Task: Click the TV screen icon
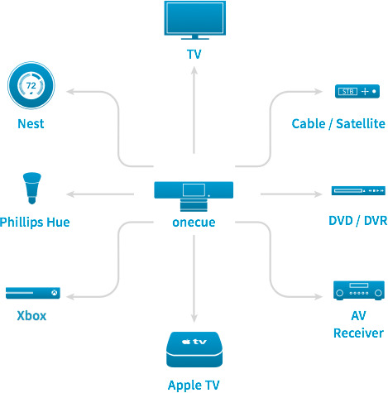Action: [x=194, y=20]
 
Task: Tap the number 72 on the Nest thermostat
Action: [x=31, y=85]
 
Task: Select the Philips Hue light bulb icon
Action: [x=32, y=188]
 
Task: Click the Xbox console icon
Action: [x=33, y=293]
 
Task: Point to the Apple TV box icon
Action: [x=194, y=349]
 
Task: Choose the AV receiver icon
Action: [x=359, y=290]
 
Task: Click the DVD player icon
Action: [x=358, y=190]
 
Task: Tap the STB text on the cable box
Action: [x=347, y=92]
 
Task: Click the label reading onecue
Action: [x=194, y=223]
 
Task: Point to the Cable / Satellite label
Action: [x=338, y=123]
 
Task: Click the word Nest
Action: [x=31, y=123]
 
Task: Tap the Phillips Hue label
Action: [x=35, y=223]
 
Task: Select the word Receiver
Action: [x=358, y=333]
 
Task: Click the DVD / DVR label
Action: [x=358, y=221]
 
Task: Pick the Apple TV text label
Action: [x=194, y=385]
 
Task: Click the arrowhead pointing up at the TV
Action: [x=194, y=70]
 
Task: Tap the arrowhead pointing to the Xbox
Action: [x=69, y=297]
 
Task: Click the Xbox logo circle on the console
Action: [x=55, y=293]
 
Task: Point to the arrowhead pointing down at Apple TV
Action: [x=194, y=319]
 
